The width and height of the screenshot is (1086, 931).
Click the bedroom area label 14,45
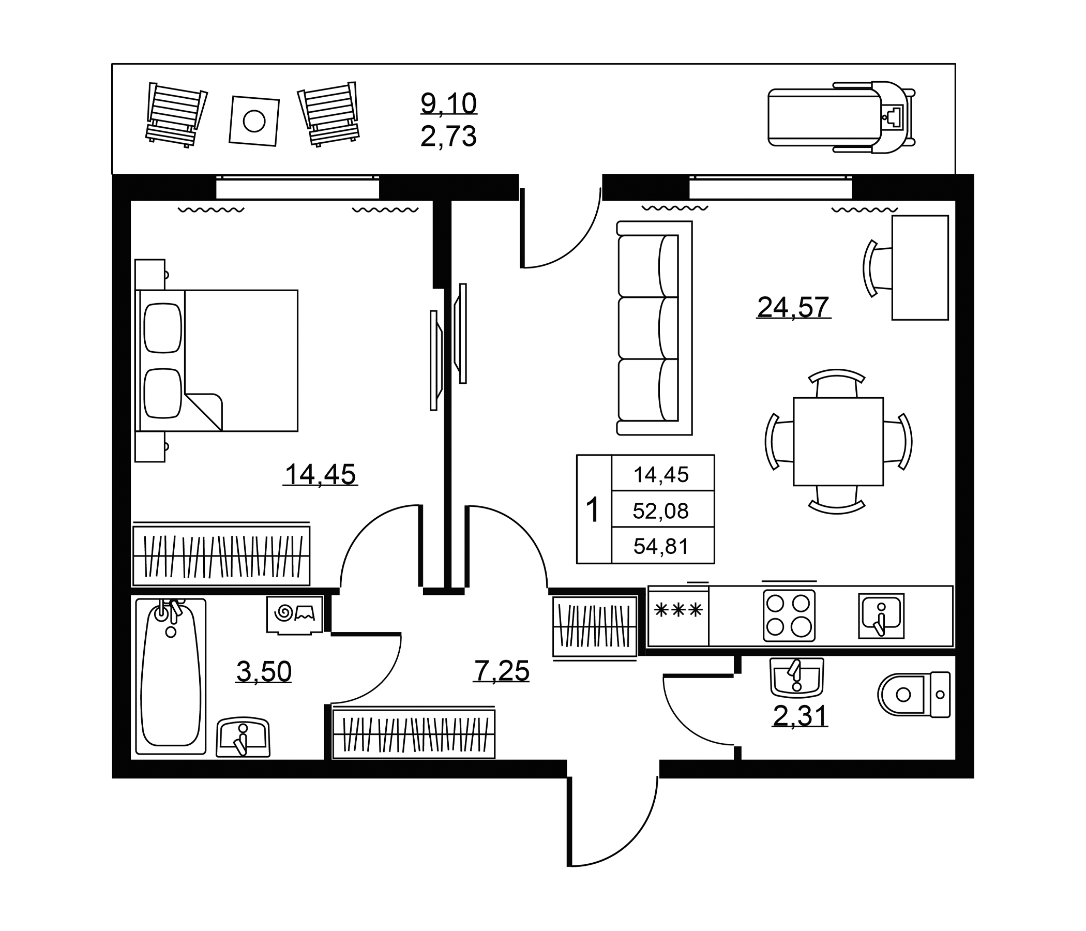tap(320, 474)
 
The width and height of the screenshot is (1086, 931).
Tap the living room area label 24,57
tap(793, 307)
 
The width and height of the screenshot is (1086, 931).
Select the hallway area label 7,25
tap(502, 670)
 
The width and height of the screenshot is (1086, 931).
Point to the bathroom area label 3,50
tap(264, 671)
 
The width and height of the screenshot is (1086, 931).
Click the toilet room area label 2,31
tap(801, 716)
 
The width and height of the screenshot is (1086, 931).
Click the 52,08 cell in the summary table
tap(661, 510)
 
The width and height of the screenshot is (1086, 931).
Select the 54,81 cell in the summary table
tap(661, 547)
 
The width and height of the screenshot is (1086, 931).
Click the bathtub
tap(171, 676)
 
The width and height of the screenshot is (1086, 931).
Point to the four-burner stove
tap(789, 616)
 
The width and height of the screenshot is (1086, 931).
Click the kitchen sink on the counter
tap(881, 616)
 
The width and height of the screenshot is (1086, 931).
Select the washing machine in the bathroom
tap(295, 615)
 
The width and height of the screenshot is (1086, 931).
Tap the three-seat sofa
tap(654, 328)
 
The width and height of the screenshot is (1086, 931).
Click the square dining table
tap(838, 441)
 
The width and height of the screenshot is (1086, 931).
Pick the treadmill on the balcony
tap(842, 117)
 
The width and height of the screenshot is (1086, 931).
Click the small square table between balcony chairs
tap(254, 121)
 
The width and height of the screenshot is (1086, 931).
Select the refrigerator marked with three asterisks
tap(678, 616)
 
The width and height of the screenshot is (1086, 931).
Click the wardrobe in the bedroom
tap(221, 555)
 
